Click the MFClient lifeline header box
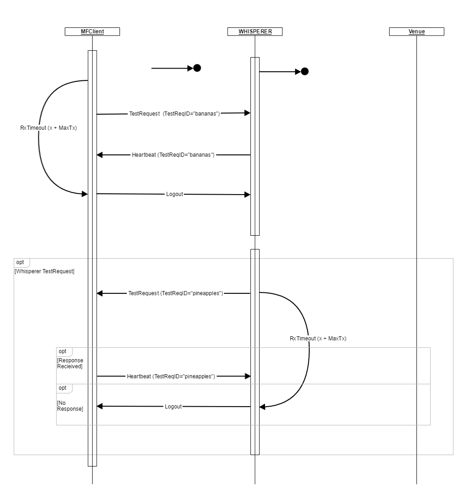[x=92, y=32]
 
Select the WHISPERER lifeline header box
[x=255, y=32]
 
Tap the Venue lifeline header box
[x=416, y=32]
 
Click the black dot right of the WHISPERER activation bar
[x=305, y=71]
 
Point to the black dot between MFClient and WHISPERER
[x=197, y=68]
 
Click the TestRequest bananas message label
[x=175, y=113]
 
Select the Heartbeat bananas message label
[x=173, y=155]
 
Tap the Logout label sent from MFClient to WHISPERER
[x=175, y=194]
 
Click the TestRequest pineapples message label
[x=176, y=293]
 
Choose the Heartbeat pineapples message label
[x=171, y=376]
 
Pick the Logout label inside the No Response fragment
[x=173, y=406]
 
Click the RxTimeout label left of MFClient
[x=49, y=127]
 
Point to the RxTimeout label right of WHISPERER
[x=318, y=338]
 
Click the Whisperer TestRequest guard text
[x=45, y=271]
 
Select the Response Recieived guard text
[x=70, y=363]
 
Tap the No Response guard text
[x=70, y=406]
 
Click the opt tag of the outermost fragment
[x=20, y=262]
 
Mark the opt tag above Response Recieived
[x=62, y=351]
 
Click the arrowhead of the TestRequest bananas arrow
[x=247, y=113]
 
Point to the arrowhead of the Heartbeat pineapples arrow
[x=248, y=376]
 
